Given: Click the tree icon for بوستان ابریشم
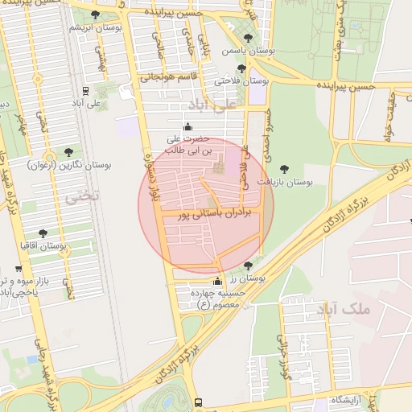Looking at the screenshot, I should coord(96,15).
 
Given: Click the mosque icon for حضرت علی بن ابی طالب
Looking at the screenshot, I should coord(188,126).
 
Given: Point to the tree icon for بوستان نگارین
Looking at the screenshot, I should coord(70,151).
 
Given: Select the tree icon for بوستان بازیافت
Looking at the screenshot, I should coord(283,169).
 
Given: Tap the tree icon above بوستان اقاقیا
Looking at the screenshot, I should coord(43,233).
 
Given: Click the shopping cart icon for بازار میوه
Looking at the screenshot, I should coord(19,270).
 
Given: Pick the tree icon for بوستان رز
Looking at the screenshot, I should coord(247,266).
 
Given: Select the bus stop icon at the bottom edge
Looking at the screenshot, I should coord(198,402).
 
